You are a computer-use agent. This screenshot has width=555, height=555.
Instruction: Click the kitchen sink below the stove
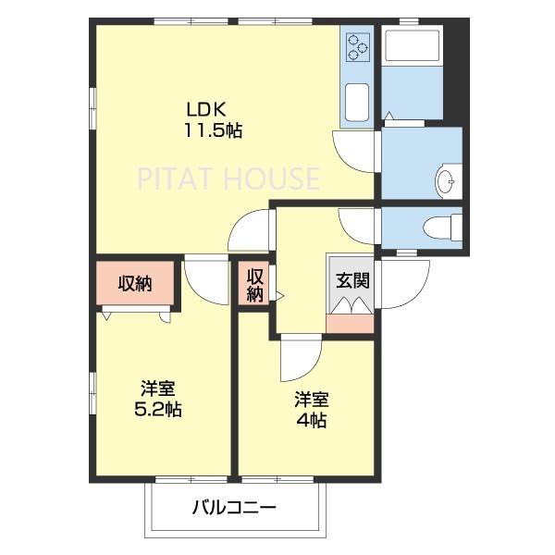pos(357,98)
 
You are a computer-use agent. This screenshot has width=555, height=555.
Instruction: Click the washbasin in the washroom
pos(448,179)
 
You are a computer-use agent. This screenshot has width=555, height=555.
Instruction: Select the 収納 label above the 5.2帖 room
pos(135,284)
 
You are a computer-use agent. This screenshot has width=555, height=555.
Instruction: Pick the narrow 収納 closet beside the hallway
pos(254,285)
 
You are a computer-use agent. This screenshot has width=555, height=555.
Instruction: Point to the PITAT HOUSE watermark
pos(228,179)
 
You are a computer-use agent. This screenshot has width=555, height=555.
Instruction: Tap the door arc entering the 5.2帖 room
pos(205,277)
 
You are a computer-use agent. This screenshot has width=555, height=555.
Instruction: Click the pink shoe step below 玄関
pos(351,322)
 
